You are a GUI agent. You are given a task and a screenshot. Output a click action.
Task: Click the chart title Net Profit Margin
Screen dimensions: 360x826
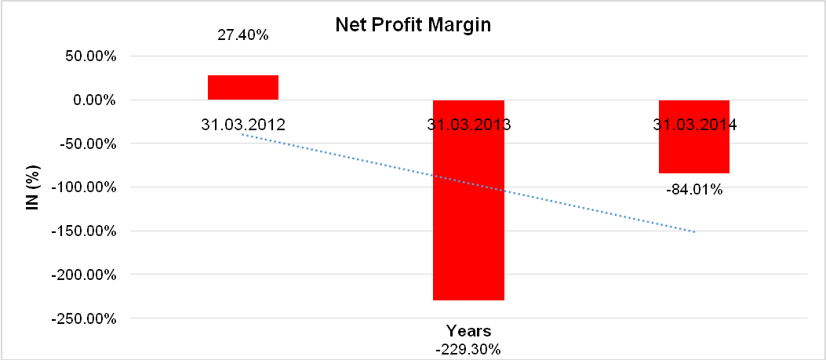point(413,25)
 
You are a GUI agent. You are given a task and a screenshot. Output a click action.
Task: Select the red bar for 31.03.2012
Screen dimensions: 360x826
point(243,88)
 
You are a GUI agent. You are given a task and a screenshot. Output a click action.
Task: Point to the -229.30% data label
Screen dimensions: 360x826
point(468,349)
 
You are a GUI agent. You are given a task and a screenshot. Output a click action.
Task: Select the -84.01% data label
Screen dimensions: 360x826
point(693,189)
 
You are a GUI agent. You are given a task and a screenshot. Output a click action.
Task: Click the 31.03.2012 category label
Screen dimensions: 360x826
point(243,125)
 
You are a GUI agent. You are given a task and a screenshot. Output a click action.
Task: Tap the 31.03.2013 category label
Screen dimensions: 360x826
point(468,125)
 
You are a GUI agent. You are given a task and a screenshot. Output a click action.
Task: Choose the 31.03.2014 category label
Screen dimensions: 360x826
point(693,125)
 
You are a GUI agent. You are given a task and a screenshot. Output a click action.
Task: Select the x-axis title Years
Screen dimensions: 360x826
point(468,330)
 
